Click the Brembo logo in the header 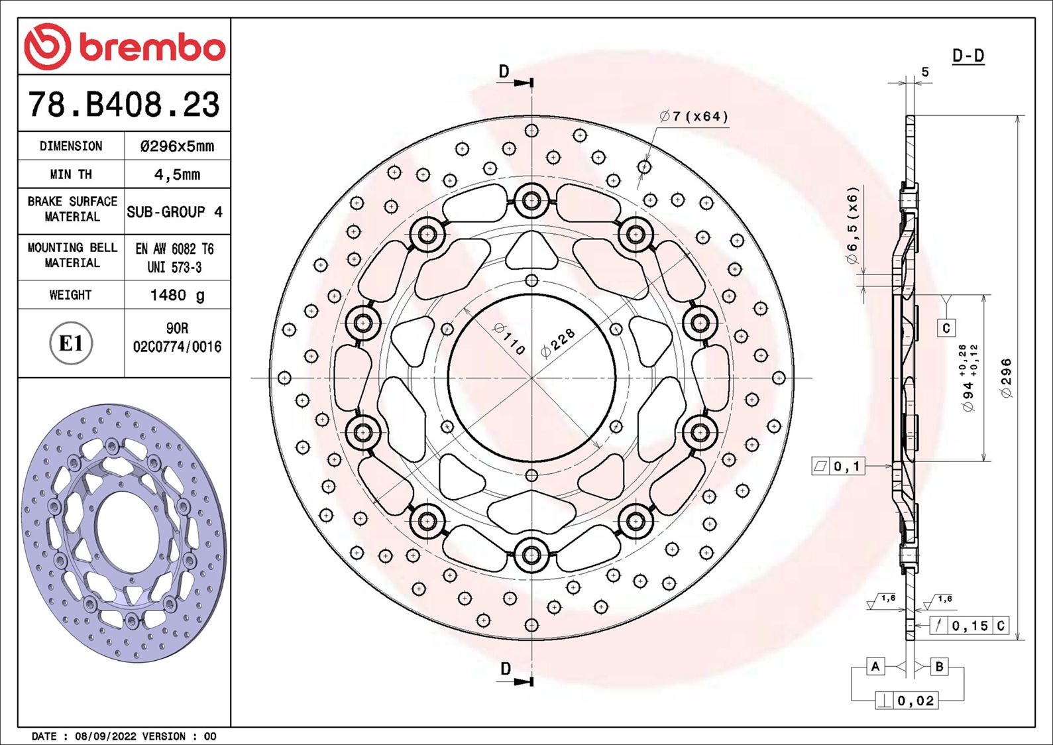pyautogui.click(x=125, y=47)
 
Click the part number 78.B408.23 pyautogui.click(x=124, y=105)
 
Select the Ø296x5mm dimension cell pyautogui.click(x=177, y=146)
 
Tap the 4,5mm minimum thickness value pyautogui.click(x=177, y=174)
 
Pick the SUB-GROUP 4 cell pyautogui.click(x=174, y=212)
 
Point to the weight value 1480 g pyautogui.click(x=177, y=295)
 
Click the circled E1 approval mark pyautogui.click(x=71, y=343)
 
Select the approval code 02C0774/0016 pyautogui.click(x=177, y=347)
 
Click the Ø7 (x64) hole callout pyautogui.click(x=694, y=117)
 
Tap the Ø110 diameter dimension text pyautogui.click(x=510, y=339)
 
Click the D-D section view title pyautogui.click(x=968, y=56)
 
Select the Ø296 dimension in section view pyautogui.click(x=1006, y=378)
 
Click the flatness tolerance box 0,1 pyautogui.click(x=838, y=467)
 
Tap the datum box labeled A pyautogui.click(x=875, y=666)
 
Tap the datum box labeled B pyautogui.click(x=939, y=666)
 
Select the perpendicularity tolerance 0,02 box pyautogui.click(x=907, y=701)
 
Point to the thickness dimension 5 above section pyautogui.click(x=925, y=72)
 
